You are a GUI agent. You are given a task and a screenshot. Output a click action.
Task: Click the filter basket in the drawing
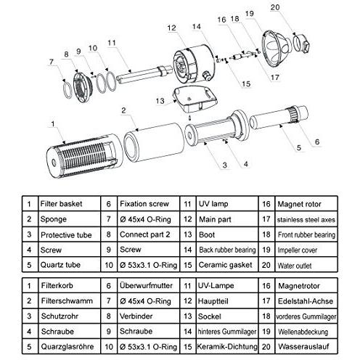[85, 155]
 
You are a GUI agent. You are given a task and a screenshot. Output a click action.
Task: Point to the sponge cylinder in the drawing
[154, 143]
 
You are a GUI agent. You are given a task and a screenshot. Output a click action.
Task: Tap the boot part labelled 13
[195, 99]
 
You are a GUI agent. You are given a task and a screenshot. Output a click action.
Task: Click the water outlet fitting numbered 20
[301, 43]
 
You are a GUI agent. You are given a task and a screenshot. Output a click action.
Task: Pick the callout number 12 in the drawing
[171, 28]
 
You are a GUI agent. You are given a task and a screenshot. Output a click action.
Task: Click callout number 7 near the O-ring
[51, 62]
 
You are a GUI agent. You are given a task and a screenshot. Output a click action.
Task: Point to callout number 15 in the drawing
[246, 84]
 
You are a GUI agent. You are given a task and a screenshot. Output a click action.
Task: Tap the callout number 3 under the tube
[225, 165]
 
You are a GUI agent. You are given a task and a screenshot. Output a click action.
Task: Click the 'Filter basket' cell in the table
[69, 204]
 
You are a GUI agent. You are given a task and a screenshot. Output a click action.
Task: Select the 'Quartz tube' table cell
[69, 265]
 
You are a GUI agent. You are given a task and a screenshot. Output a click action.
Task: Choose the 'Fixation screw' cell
[149, 204]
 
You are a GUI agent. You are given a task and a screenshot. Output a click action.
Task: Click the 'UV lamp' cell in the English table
[227, 204]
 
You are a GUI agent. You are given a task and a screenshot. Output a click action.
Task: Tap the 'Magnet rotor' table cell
[306, 204]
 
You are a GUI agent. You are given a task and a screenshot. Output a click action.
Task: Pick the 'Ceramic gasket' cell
[227, 265]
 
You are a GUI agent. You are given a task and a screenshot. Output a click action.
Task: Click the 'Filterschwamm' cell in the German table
[69, 300]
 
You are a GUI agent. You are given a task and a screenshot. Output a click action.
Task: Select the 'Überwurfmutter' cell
[149, 285]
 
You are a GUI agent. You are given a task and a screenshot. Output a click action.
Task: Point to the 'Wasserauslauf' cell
[306, 346]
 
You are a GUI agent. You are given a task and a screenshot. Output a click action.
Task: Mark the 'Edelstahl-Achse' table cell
[306, 300]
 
